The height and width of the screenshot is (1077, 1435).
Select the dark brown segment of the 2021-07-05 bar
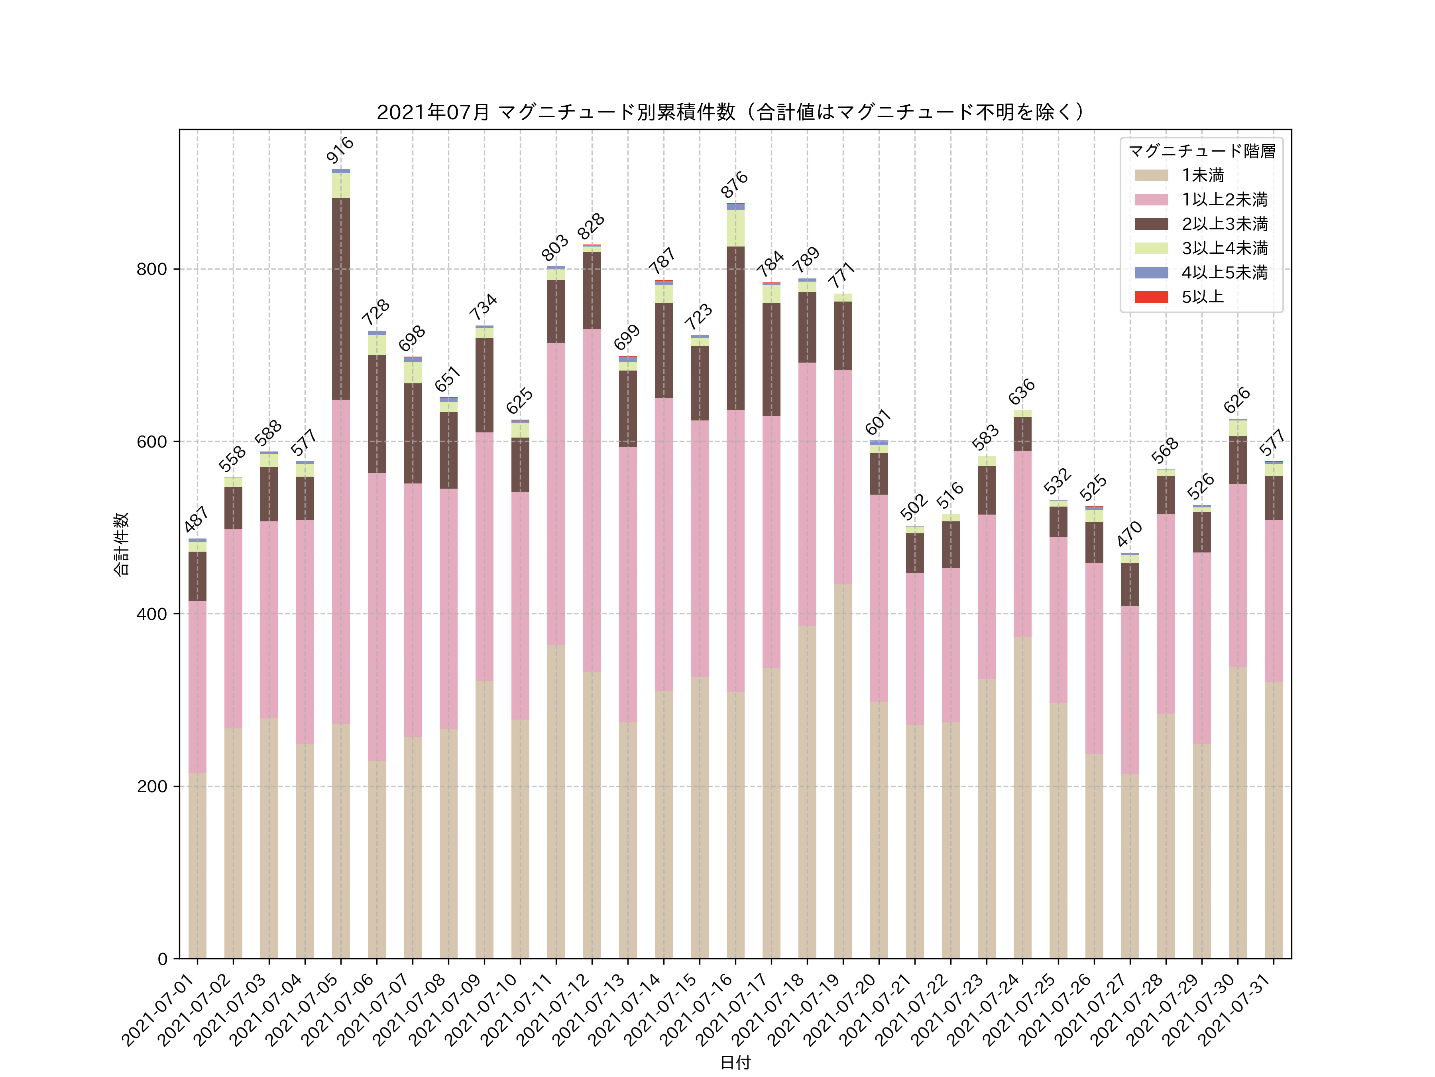[x=340, y=299]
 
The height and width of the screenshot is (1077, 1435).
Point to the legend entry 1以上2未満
[x=1223, y=199]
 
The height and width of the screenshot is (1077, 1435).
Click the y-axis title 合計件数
[x=121, y=544]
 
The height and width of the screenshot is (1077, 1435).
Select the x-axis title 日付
[x=735, y=1062]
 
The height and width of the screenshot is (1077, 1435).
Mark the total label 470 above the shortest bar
[x=1129, y=534]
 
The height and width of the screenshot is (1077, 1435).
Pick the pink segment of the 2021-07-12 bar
[x=592, y=500]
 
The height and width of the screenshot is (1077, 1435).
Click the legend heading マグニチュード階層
[x=1201, y=151]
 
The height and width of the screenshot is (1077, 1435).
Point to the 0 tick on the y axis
[x=162, y=959]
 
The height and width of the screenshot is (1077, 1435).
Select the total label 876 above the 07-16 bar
[x=734, y=184]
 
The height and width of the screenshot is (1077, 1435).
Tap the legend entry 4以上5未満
[x=1223, y=273]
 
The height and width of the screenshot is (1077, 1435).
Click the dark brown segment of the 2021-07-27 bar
[x=1129, y=584]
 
